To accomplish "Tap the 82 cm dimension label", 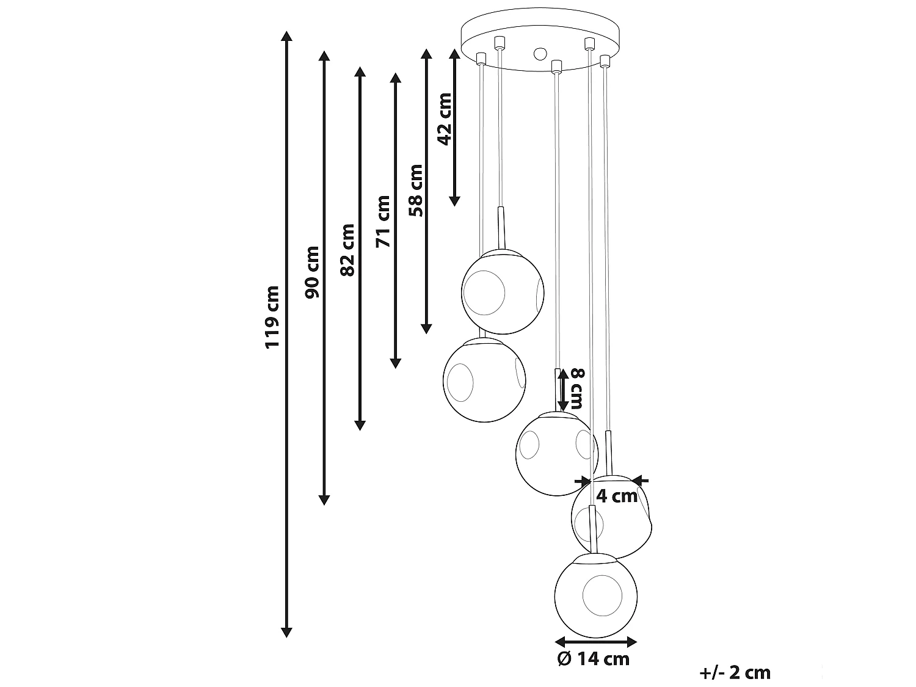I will (347, 249).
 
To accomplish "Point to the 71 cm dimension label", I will (383, 221).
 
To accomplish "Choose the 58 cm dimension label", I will (416, 190).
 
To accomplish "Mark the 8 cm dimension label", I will (577, 389).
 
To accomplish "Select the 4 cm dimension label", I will (617, 496).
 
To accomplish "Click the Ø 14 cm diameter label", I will (594, 659).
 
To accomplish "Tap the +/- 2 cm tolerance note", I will (735, 672).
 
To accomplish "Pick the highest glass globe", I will (502, 291).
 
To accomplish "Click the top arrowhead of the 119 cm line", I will (286, 35).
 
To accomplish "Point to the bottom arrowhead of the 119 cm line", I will (286, 632).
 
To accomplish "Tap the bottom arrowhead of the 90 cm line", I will (324, 500).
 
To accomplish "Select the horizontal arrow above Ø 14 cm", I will (595, 641).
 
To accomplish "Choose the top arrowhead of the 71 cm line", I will (395, 78).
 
